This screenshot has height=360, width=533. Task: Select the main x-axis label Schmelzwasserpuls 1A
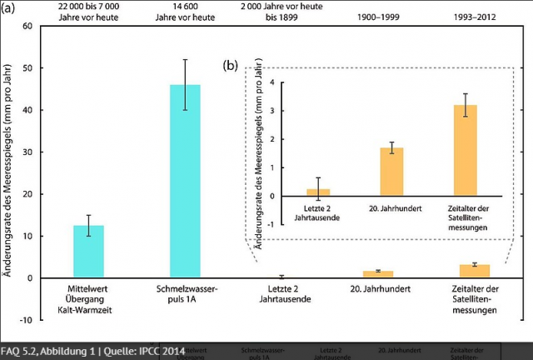coord(185,293)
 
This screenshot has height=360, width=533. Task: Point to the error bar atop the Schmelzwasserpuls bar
coord(185,72)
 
